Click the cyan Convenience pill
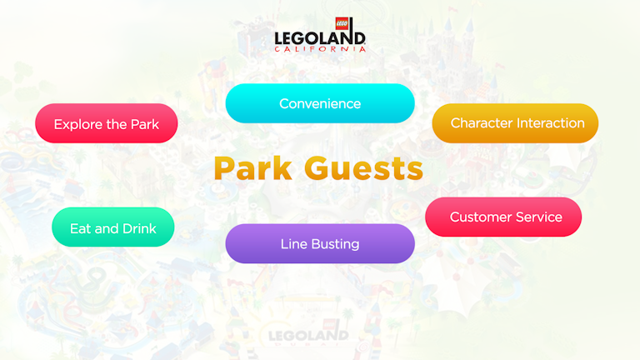(320, 103)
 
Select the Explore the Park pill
(106, 123)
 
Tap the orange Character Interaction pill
(515, 122)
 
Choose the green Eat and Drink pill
(112, 227)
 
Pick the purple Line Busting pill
(320, 244)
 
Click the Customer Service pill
(503, 217)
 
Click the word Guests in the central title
(362, 168)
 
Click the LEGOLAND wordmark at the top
(320, 38)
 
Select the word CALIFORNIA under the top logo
(320, 49)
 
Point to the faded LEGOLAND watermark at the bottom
(309, 336)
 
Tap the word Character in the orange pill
(481, 122)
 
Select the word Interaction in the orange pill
(551, 122)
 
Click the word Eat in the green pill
(80, 227)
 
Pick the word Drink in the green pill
(138, 227)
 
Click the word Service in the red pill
(540, 217)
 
